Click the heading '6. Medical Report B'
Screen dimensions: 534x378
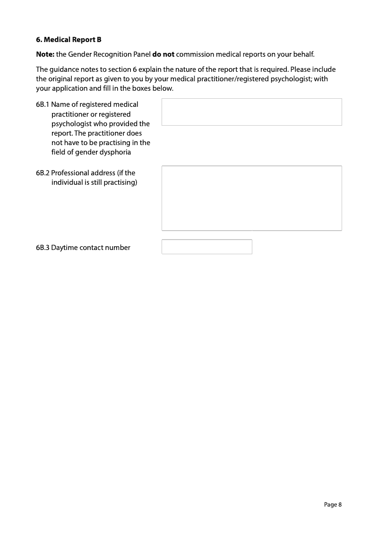click(x=69, y=40)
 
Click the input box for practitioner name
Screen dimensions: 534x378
click(x=251, y=112)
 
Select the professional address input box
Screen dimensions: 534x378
click(x=251, y=198)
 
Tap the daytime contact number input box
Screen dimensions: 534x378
click(x=206, y=247)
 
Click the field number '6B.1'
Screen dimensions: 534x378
click(x=43, y=104)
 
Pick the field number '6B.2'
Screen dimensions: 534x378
click(x=43, y=173)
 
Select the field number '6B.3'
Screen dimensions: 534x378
click(x=43, y=248)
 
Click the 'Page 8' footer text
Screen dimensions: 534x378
click(x=333, y=505)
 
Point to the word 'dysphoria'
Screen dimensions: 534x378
click(x=116, y=152)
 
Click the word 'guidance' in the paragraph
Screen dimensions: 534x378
click(x=63, y=70)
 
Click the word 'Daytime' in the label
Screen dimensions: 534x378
click(x=64, y=248)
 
